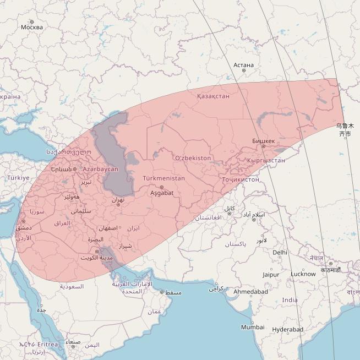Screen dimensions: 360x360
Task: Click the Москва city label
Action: tap(31, 28)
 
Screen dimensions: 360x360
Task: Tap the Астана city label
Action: tap(243, 65)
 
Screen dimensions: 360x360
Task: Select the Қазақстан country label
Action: tap(213, 96)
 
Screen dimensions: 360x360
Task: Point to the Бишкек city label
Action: tap(263, 140)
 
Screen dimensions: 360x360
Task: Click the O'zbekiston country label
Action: tap(193, 158)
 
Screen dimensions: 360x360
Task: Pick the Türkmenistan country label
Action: tap(163, 179)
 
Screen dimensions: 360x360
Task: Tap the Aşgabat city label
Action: tap(162, 193)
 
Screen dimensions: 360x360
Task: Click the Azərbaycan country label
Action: tap(101, 169)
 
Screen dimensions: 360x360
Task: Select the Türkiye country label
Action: tap(18, 178)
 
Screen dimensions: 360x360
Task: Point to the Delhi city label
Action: tap(280, 252)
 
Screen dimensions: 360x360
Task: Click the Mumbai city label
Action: tap(253, 327)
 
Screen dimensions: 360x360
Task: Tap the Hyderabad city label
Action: tap(287, 329)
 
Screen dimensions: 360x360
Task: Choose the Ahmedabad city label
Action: tap(250, 291)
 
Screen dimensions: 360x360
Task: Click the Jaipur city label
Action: tap(271, 274)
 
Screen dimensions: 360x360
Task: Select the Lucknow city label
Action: tap(303, 274)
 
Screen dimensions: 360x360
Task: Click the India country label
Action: tap(290, 300)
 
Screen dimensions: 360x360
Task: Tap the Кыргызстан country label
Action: tap(266, 160)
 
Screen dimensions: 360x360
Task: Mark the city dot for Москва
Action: tap(31, 22)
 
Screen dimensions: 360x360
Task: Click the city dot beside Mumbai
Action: tap(253, 321)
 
